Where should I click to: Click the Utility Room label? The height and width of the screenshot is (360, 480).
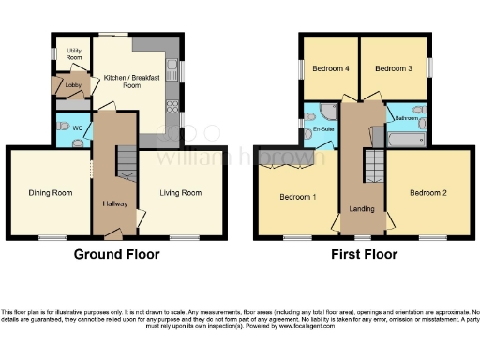pos(73,54)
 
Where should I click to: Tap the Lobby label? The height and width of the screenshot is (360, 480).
pos(72,86)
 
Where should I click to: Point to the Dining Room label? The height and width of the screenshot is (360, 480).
pos(50,193)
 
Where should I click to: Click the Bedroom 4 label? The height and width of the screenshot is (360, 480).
pos(331,68)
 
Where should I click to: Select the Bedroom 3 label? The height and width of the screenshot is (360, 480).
pos(394,68)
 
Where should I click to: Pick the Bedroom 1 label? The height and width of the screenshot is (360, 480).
pos(298,197)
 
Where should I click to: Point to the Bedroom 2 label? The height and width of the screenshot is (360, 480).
pos(427,193)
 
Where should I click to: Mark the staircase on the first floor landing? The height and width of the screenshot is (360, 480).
pos(373,164)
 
